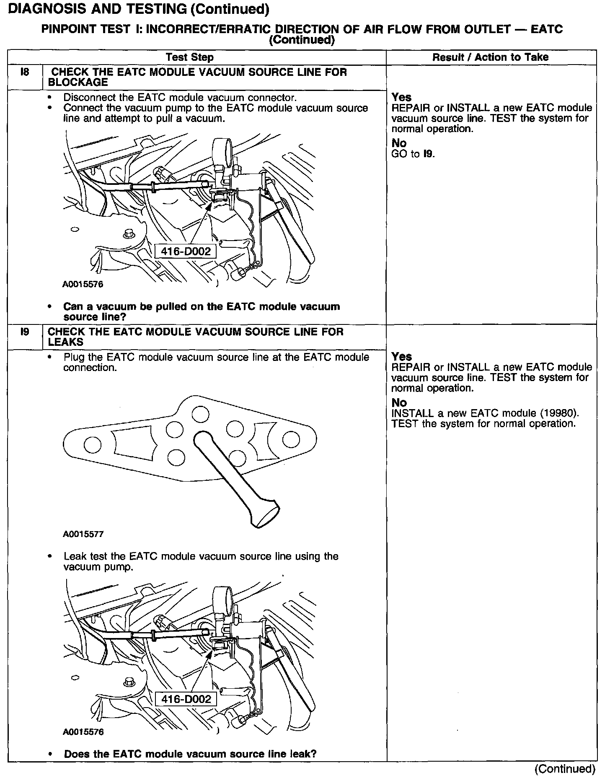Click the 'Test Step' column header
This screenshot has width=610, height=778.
point(189,57)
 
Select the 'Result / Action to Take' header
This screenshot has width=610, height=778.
point(490,57)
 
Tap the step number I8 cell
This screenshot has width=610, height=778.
point(25,73)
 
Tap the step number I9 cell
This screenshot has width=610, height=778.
point(25,332)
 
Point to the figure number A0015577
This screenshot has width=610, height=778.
point(83,534)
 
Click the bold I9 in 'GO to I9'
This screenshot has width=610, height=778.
point(429,154)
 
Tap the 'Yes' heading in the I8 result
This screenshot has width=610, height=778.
point(401,97)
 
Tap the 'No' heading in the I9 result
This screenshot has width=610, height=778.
point(399,402)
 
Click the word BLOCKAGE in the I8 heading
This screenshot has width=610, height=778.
point(78,82)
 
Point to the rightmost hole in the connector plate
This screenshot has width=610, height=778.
point(291,440)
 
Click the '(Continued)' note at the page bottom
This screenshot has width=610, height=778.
point(564,768)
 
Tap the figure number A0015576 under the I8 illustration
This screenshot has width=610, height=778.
point(83,284)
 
